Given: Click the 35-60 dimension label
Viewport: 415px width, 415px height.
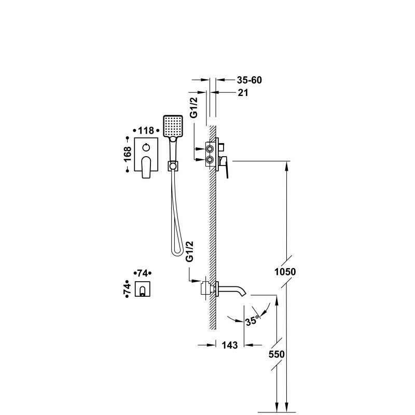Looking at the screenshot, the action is coord(250,80).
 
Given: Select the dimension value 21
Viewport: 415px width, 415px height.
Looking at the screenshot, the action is coord(243,93).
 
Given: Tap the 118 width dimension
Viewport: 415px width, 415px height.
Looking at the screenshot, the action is coord(146,131).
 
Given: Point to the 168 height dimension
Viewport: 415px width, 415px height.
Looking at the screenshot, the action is coord(127,154).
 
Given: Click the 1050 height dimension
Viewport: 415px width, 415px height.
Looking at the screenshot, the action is coord(285,272).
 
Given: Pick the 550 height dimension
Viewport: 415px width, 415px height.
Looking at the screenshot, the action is coord(276,354).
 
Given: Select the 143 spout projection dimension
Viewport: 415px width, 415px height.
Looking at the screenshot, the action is coord(230,345).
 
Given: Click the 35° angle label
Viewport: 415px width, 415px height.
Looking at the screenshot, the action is coord(252,321).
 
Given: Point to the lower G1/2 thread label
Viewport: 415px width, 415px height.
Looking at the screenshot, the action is coord(190,252).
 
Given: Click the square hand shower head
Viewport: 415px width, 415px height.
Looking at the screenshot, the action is coord(173,126).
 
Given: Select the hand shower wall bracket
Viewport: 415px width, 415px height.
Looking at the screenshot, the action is coord(173,166).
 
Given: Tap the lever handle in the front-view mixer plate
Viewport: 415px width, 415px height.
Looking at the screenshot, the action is coord(146,167).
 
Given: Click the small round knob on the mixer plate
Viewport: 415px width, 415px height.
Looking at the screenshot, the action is coord(146,147).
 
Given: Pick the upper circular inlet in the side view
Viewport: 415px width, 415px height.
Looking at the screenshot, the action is coord(210,149).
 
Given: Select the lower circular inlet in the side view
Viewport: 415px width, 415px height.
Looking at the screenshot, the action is coord(210,160).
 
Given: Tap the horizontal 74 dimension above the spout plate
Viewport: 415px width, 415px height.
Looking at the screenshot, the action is coord(143,273).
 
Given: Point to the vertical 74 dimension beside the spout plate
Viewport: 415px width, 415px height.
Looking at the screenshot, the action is coord(127,288).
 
